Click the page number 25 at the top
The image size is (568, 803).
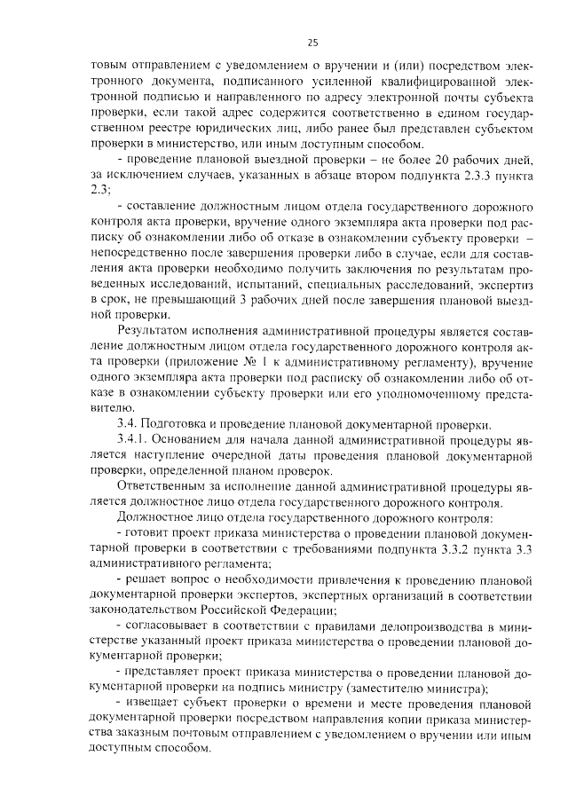click(312, 41)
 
